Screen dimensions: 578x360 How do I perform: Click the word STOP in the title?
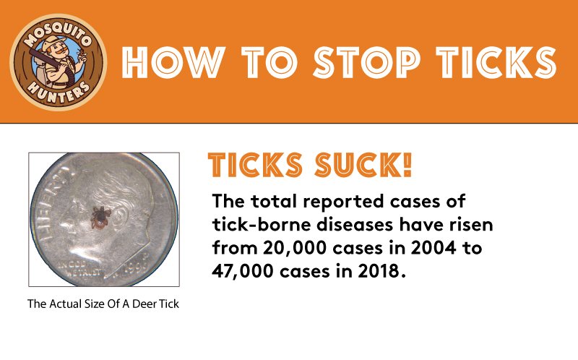pos(366,62)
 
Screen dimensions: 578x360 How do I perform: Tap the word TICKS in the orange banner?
pos(496,62)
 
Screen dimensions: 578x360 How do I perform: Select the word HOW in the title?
pos(173,62)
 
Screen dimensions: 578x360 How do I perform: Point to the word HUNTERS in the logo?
pos(59,91)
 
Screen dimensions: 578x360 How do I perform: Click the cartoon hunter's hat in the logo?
pos(53,43)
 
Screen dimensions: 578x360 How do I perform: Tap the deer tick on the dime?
pos(100,218)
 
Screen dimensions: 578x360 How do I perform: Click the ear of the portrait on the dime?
pos(121,220)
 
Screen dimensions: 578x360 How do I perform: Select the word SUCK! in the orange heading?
pos(363,165)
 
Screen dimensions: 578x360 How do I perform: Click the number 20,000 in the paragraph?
pos(295,247)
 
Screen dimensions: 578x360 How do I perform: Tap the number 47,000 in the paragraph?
pos(243,271)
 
